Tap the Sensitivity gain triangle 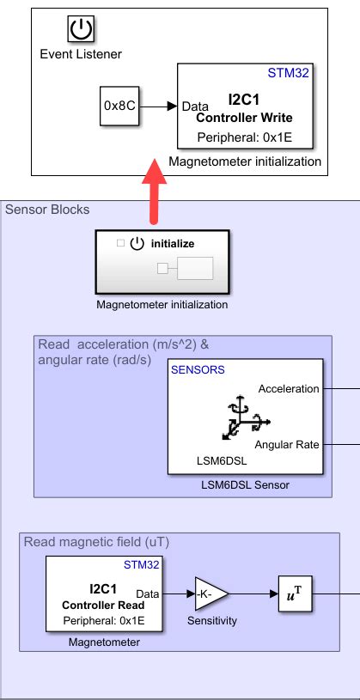tap(209, 593)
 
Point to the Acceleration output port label tap(287, 388)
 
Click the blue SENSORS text tap(198, 369)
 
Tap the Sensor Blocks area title tap(47, 210)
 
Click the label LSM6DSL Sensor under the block tap(245, 485)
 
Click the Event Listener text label tap(81, 54)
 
